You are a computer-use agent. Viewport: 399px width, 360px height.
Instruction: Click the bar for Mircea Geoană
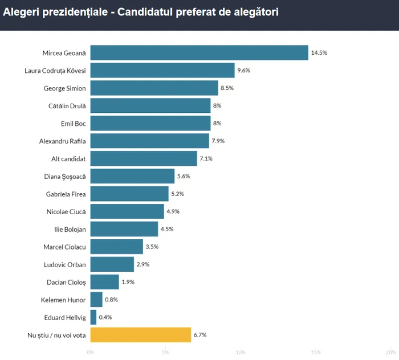(x=199, y=53)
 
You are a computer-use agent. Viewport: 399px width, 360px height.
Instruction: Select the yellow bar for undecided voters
(x=140, y=335)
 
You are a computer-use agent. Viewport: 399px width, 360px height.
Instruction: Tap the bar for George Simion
(x=154, y=88)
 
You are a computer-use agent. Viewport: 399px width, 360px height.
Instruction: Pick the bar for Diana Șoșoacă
(x=132, y=177)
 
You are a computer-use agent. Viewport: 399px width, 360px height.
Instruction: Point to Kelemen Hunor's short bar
(x=96, y=300)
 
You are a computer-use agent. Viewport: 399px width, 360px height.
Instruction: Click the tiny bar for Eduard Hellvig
(x=93, y=317)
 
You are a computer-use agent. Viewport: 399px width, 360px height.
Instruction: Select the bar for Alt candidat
(x=144, y=159)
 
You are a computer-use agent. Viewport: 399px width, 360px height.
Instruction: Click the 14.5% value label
(x=319, y=53)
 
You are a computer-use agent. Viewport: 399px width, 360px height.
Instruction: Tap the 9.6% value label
(x=243, y=71)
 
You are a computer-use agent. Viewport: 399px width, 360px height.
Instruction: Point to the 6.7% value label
(x=200, y=335)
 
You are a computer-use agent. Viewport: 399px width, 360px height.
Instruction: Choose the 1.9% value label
(x=128, y=282)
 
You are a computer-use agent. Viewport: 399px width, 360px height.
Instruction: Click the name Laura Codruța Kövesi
(x=55, y=71)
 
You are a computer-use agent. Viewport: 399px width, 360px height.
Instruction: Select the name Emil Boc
(x=73, y=124)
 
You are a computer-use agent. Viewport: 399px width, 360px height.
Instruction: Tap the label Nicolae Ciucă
(x=66, y=212)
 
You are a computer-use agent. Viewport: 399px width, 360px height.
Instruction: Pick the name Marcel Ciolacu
(x=64, y=247)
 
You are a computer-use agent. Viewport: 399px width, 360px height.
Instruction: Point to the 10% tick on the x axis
(x=241, y=353)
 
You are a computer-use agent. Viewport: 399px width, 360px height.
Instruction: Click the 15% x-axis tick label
(x=316, y=353)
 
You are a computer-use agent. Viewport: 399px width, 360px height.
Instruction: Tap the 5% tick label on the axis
(x=165, y=353)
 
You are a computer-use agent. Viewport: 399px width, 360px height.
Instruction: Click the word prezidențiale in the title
(x=75, y=11)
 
